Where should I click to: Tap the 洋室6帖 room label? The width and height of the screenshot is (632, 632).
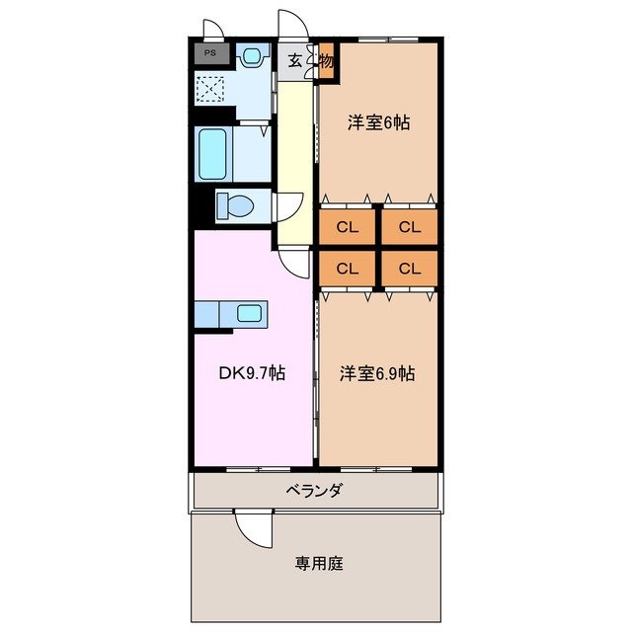click(x=378, y=123)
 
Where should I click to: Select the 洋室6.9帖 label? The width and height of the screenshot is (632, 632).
click(x=378, y=374)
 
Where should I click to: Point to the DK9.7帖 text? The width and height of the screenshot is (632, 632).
click(x=252, y=374)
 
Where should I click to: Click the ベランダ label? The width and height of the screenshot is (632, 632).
click(x=314, y=491)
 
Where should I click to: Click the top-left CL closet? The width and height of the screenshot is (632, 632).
click(x=346, y=227)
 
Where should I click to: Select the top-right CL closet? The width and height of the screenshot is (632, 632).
click(x=409, y=227)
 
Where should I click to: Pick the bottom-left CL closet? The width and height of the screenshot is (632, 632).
click(x=346, y=268)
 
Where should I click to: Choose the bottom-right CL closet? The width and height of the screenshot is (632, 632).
click(x=409, y=268)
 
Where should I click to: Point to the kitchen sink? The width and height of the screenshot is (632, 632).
click(x=250, y=315)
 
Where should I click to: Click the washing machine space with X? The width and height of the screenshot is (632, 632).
click(x=210, y=89)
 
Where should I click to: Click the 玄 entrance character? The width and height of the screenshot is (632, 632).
click(x=295, y=60)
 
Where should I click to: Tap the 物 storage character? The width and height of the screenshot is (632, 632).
click(x=325, y=60)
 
